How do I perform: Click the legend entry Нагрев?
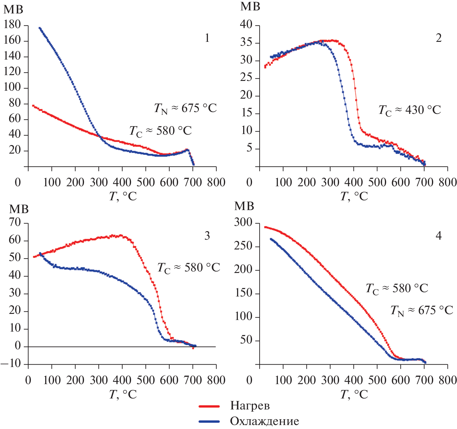tap(250, 406)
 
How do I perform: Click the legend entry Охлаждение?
tap(264, 421)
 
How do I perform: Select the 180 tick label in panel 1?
tap(12, 25)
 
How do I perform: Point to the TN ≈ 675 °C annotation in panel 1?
tap(185, 108)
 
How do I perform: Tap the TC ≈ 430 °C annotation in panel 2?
tap(410, 110)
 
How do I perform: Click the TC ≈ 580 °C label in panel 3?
tap(188, 268)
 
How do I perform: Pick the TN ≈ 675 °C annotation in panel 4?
tap(422, 311)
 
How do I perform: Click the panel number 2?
tap(438, 38)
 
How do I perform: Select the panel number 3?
tap(207, 236)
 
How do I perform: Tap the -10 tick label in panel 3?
tap(11, 364)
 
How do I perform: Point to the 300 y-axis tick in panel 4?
tap(243, 223)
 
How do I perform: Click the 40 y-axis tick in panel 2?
tap(246, 25)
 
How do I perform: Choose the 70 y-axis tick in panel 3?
tap(15, 223)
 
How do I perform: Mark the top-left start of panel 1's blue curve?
tap(39, 28)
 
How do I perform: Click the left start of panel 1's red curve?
tap(33, 106)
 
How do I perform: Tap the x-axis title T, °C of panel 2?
tap(354, 196)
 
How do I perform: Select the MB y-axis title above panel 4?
tap(244, 206)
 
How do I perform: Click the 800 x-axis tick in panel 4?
tap(448, 380)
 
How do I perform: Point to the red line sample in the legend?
tap(209, 406)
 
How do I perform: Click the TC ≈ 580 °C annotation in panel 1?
tap(160, 131)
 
